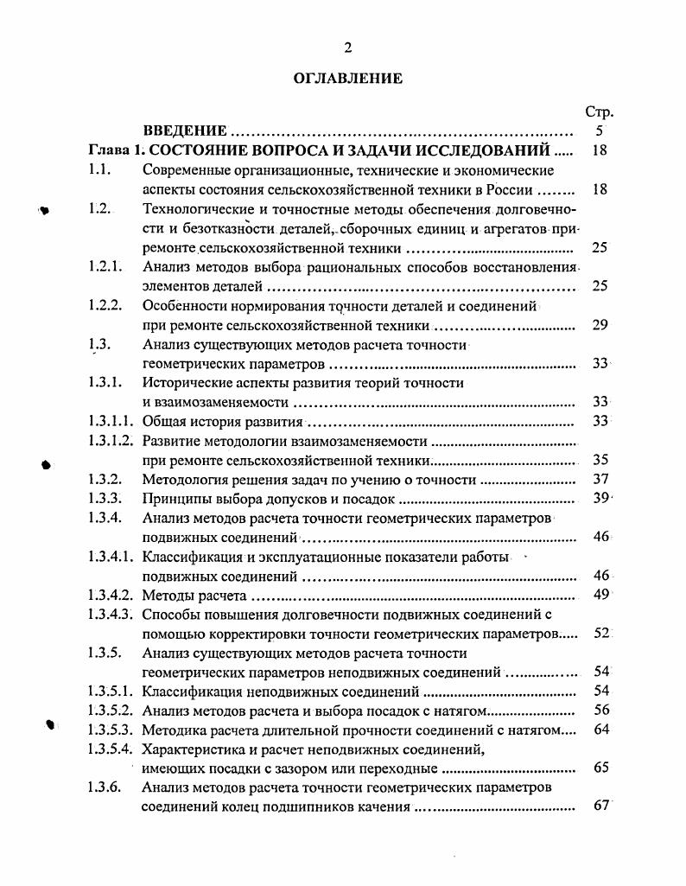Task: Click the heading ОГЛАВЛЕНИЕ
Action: click(x=347, y=79)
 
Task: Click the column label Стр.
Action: click(x=599, y=112)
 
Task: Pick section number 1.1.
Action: click(x=100, y=170)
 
